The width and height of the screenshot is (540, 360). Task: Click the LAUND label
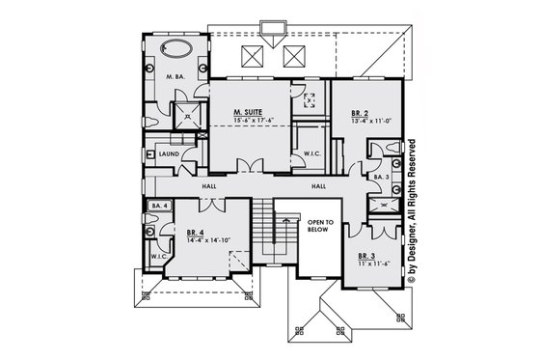[x=170, y=153]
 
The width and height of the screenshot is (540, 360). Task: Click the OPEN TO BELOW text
[x=321, y=226]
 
